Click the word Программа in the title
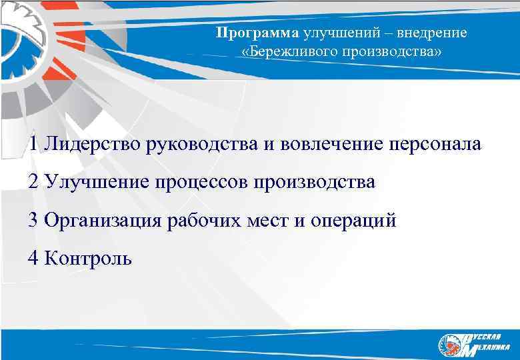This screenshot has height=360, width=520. pyautogui.click(x=258, y=33)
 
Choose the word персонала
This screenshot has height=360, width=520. pyautogui.click(x=431, y=144)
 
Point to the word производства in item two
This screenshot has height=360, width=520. pyautogui.click(x=313, y=182)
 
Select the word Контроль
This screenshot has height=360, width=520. pyautogui.click(x=89, y=258)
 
